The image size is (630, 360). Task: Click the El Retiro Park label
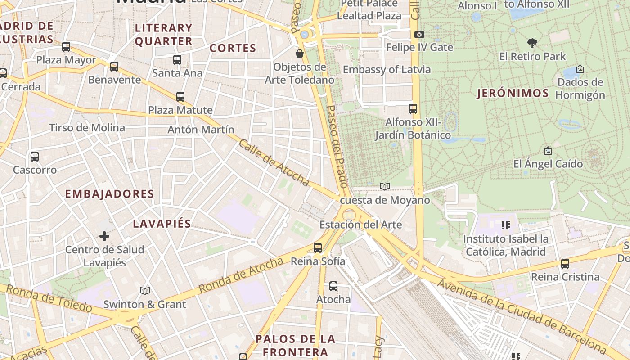[532, 57]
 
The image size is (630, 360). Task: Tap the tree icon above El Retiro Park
[532, 43]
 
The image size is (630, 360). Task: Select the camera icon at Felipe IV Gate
[419, 34]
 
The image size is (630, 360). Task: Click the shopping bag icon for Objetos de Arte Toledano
[299, 54]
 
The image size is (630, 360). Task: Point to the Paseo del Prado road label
[337, 146]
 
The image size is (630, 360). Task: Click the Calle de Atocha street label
[274, 163]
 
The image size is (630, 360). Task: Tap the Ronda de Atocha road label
[241, 275]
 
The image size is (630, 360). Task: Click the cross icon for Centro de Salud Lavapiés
[104, 236]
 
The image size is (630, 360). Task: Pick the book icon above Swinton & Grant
[144, 291]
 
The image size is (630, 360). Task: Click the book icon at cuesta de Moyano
[384, 186]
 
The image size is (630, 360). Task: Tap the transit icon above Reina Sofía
[318, 247]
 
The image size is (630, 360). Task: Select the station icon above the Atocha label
[333, 286]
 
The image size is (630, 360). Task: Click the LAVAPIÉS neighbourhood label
[162, 224]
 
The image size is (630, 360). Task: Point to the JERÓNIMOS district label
[513, 94]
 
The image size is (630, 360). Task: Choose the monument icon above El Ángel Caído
[548, 151]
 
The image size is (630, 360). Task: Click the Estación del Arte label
[360, 225]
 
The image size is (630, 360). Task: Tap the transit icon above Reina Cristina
[565, 263]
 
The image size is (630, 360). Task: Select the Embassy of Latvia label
[387, 70]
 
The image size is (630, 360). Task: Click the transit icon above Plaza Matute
[180, 96]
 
